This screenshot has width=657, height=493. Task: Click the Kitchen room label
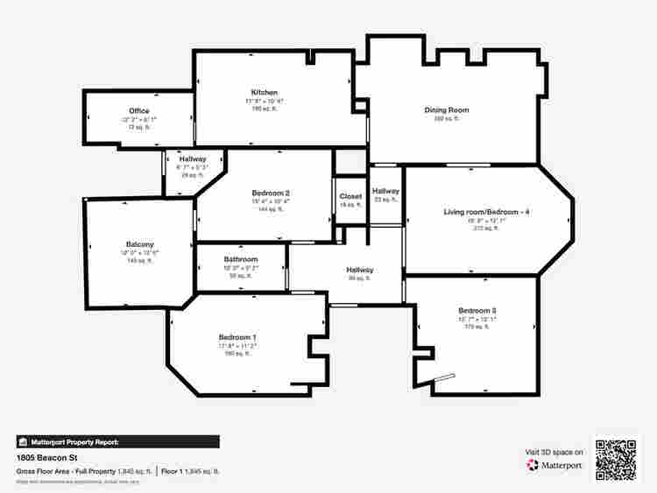264,93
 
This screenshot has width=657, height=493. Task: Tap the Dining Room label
446,110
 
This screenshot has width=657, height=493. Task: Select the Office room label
138,111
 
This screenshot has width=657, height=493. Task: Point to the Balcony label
139,244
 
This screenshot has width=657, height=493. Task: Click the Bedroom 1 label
237,338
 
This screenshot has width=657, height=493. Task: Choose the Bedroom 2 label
270,194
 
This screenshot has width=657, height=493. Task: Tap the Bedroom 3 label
477,311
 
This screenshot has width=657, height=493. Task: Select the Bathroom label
240,260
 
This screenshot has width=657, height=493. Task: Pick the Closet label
350,197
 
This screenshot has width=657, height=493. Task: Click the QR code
617,458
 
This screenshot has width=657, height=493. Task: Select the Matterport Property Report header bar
117,442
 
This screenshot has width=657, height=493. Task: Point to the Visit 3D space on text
554,452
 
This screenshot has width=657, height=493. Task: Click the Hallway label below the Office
192,159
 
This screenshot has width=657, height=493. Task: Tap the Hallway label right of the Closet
385,192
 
